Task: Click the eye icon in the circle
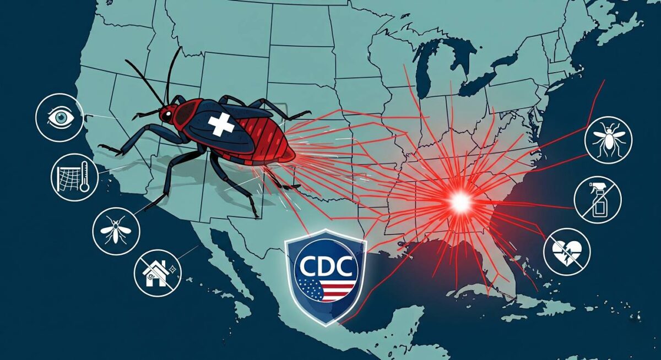point(59,117)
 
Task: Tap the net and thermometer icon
point(74,177)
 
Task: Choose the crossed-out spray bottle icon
point(598,199)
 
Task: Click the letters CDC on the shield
point(326,269)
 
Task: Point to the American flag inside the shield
point(326,290)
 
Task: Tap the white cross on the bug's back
point(222,126)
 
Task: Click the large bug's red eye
point(165,114)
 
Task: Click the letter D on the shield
point(326,269)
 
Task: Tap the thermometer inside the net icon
point(84,177)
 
